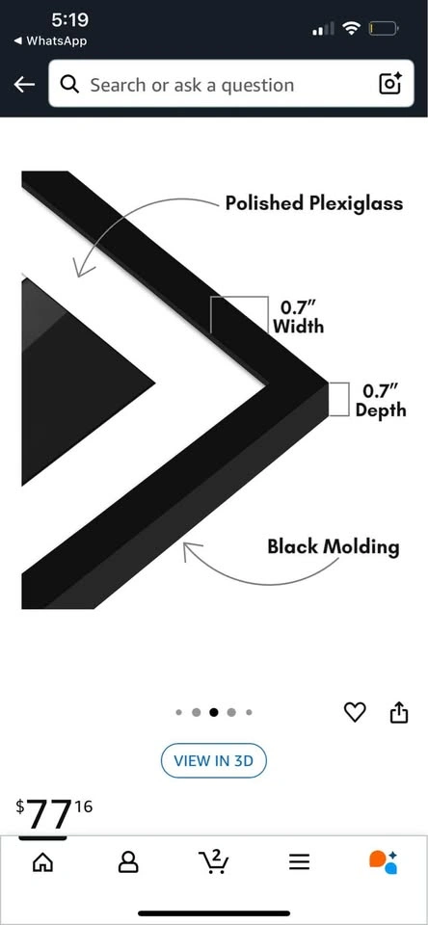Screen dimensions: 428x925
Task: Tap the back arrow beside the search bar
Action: coord(23,85)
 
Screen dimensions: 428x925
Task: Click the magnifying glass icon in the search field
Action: coord(69,85)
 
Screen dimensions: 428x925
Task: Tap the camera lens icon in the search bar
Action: coord(389,85)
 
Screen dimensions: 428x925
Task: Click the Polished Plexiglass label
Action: coord(314,203)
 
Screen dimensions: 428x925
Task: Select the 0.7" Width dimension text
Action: coord(299,317)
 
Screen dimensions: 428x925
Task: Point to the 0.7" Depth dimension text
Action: coord(381,400)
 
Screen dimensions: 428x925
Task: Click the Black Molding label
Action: coord(333,546)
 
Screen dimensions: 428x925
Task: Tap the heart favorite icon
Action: coord(355,712)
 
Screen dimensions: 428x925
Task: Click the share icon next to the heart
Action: coord(399,711)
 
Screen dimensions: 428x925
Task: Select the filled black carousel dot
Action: coord(214,712)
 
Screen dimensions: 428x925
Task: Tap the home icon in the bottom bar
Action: coord(41,863)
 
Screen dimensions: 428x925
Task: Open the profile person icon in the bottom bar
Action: coord(128,863)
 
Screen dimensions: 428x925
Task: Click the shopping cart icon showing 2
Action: coord(213,861)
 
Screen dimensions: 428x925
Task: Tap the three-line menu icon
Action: coord(299,863)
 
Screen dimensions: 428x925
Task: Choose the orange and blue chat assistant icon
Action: coord(384,861)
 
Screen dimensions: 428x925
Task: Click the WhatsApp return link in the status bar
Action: coord(49,40)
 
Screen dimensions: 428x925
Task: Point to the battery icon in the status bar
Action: coord(384,28)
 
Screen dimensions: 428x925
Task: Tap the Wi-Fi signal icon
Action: coord(352,28)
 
